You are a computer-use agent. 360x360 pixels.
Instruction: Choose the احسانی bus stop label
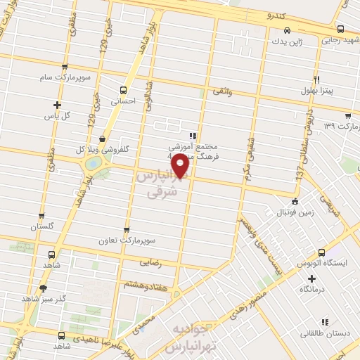tap(124, 101)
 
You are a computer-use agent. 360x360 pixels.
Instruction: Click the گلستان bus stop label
tap(41, 227)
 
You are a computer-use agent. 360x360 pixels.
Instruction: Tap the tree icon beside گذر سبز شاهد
tap(44, 288)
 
